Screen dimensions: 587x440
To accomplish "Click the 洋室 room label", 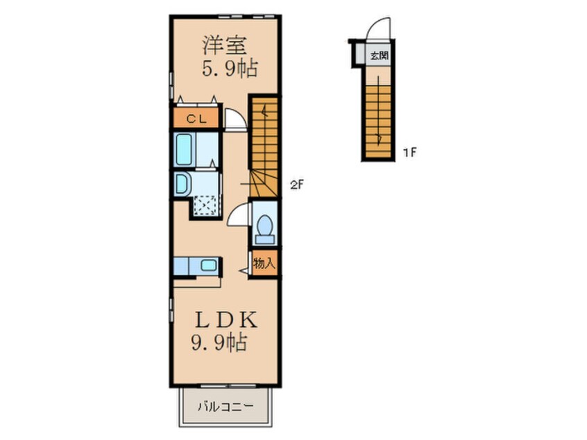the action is click(x=224, y=46).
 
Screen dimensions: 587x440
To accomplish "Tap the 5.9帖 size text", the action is click(x=230, y=69).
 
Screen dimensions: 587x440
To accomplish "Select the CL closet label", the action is click(x=196, y=119).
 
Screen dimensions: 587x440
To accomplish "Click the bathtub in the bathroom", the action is click(x=184, y=149).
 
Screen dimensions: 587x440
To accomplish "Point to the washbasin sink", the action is click(x=182, y=184).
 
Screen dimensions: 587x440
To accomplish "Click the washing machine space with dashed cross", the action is click(x=205, y=205).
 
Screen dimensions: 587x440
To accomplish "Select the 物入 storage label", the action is click(x=264, y=263).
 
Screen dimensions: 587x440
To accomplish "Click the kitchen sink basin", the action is click(x=208, y=266).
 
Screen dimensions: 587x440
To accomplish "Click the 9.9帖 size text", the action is click(x=219, y=342).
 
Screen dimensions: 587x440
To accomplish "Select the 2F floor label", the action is click(x=296, y=185).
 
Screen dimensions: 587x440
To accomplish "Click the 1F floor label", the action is click(x=410, y=153).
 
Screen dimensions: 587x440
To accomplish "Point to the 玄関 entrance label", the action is click(x=379, y=56).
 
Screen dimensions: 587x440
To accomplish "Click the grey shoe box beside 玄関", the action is click(x=360, y=53).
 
